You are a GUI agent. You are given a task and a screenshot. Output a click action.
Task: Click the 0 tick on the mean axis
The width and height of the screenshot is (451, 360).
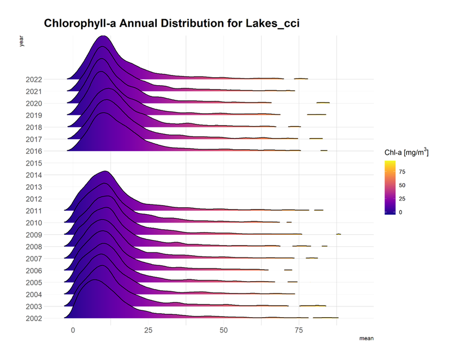point(73,330)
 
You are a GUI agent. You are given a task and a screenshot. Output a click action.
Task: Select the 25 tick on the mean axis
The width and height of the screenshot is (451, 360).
point(148,330)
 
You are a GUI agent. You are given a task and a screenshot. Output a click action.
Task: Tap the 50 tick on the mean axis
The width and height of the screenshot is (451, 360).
point(224,330)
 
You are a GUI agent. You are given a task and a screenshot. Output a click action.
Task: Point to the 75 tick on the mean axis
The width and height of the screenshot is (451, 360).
point(299,330)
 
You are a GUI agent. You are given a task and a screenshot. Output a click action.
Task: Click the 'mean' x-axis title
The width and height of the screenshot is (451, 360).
point(366,338)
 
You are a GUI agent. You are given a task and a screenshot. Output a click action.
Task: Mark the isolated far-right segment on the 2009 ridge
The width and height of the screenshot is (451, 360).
point(338,234)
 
